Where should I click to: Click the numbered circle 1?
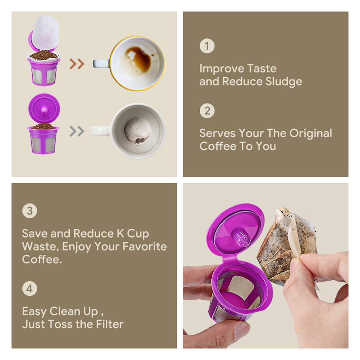(207, 46)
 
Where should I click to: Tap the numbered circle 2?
(207, 111)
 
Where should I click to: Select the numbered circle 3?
(29, 211)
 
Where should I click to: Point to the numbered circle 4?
(29, 289)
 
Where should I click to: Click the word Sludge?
(283, 82)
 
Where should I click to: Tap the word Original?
(310, 134)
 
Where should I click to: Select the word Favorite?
(145, 246)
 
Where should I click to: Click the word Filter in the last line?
(110, 324)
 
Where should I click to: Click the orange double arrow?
(77, 64)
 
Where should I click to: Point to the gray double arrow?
(77, 131)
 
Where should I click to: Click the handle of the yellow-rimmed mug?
(101, 64)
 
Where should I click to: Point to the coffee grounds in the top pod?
(43, 55)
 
